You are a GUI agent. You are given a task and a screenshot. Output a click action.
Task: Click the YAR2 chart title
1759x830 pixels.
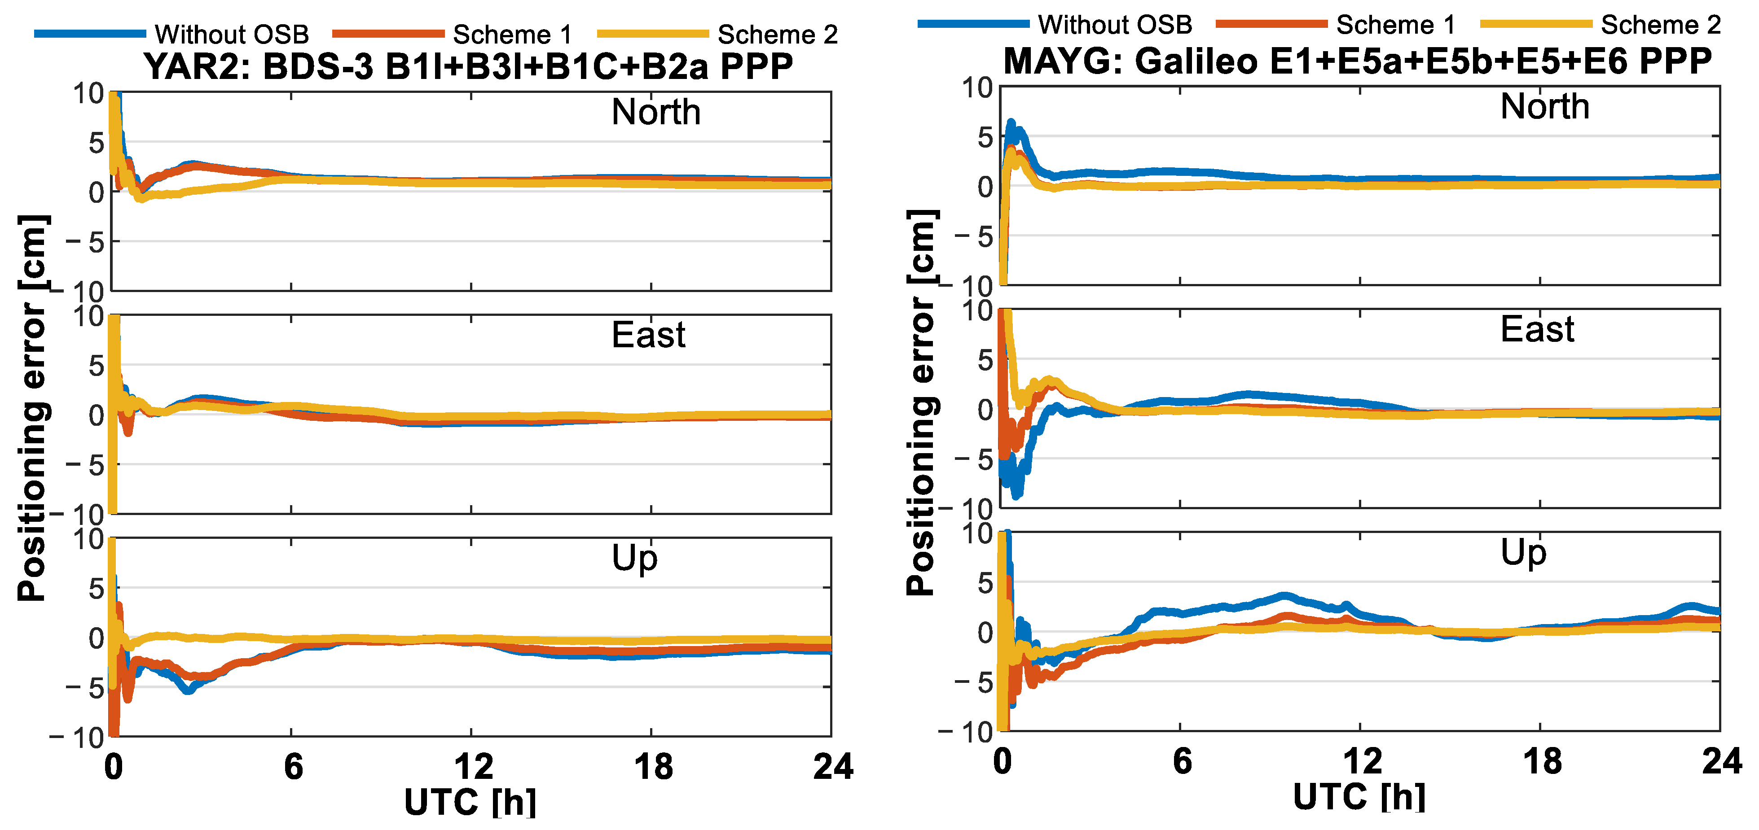(x=468, y=67)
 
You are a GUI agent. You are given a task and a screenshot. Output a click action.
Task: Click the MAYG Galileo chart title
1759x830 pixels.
(x=1358, y=61)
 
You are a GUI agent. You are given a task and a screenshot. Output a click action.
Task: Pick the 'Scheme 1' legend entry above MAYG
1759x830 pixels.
(x=1395, y=25)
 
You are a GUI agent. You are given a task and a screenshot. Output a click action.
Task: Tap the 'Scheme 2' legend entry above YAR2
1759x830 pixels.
(x=777, y=34)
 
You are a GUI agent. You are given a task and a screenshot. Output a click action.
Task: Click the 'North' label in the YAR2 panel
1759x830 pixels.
(x=655, y=112)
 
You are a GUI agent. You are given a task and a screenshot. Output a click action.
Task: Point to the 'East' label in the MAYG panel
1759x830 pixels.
(x=1537, y=330)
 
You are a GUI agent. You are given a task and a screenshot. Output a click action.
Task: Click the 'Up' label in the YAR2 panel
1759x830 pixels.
(x=634, y=558)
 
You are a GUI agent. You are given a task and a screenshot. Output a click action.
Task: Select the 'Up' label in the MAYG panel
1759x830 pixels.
(x=1523, y=553)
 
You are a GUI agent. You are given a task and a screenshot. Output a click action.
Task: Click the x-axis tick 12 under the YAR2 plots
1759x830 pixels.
(x=473, y=767)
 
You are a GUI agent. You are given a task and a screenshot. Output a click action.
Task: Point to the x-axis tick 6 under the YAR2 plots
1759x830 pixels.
(x=293, y=767)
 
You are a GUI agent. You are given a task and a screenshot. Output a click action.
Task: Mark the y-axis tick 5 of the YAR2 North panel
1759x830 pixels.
(x=96, y=143)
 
